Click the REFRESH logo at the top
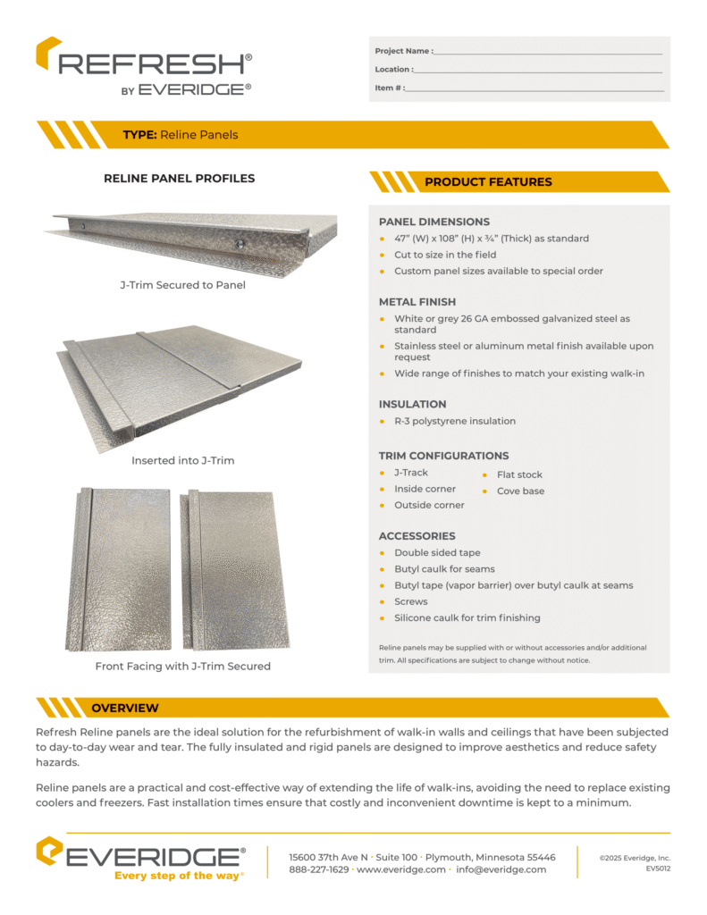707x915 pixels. point(143,65)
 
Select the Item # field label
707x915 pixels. point(390,88)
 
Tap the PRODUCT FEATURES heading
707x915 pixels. point(488,182)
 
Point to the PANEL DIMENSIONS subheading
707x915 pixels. point(434,222)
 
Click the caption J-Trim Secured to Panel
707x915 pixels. point(182,286)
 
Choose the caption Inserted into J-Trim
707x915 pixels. point(182,461)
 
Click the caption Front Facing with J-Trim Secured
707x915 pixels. point(182,666)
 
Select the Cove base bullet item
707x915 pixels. point(520,491)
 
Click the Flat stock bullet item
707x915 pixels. point(519,474)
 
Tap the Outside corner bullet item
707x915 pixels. point(429,505)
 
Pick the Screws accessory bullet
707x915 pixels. point(411,601)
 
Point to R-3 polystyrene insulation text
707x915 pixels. point(455,421)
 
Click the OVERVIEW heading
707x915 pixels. point(125,708)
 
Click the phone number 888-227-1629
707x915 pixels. point(319,869)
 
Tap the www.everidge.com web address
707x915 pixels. point(401,869)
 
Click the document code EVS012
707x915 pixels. point(659,869)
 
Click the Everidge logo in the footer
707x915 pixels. point(140,860)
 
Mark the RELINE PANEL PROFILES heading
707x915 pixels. point(180,178)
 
